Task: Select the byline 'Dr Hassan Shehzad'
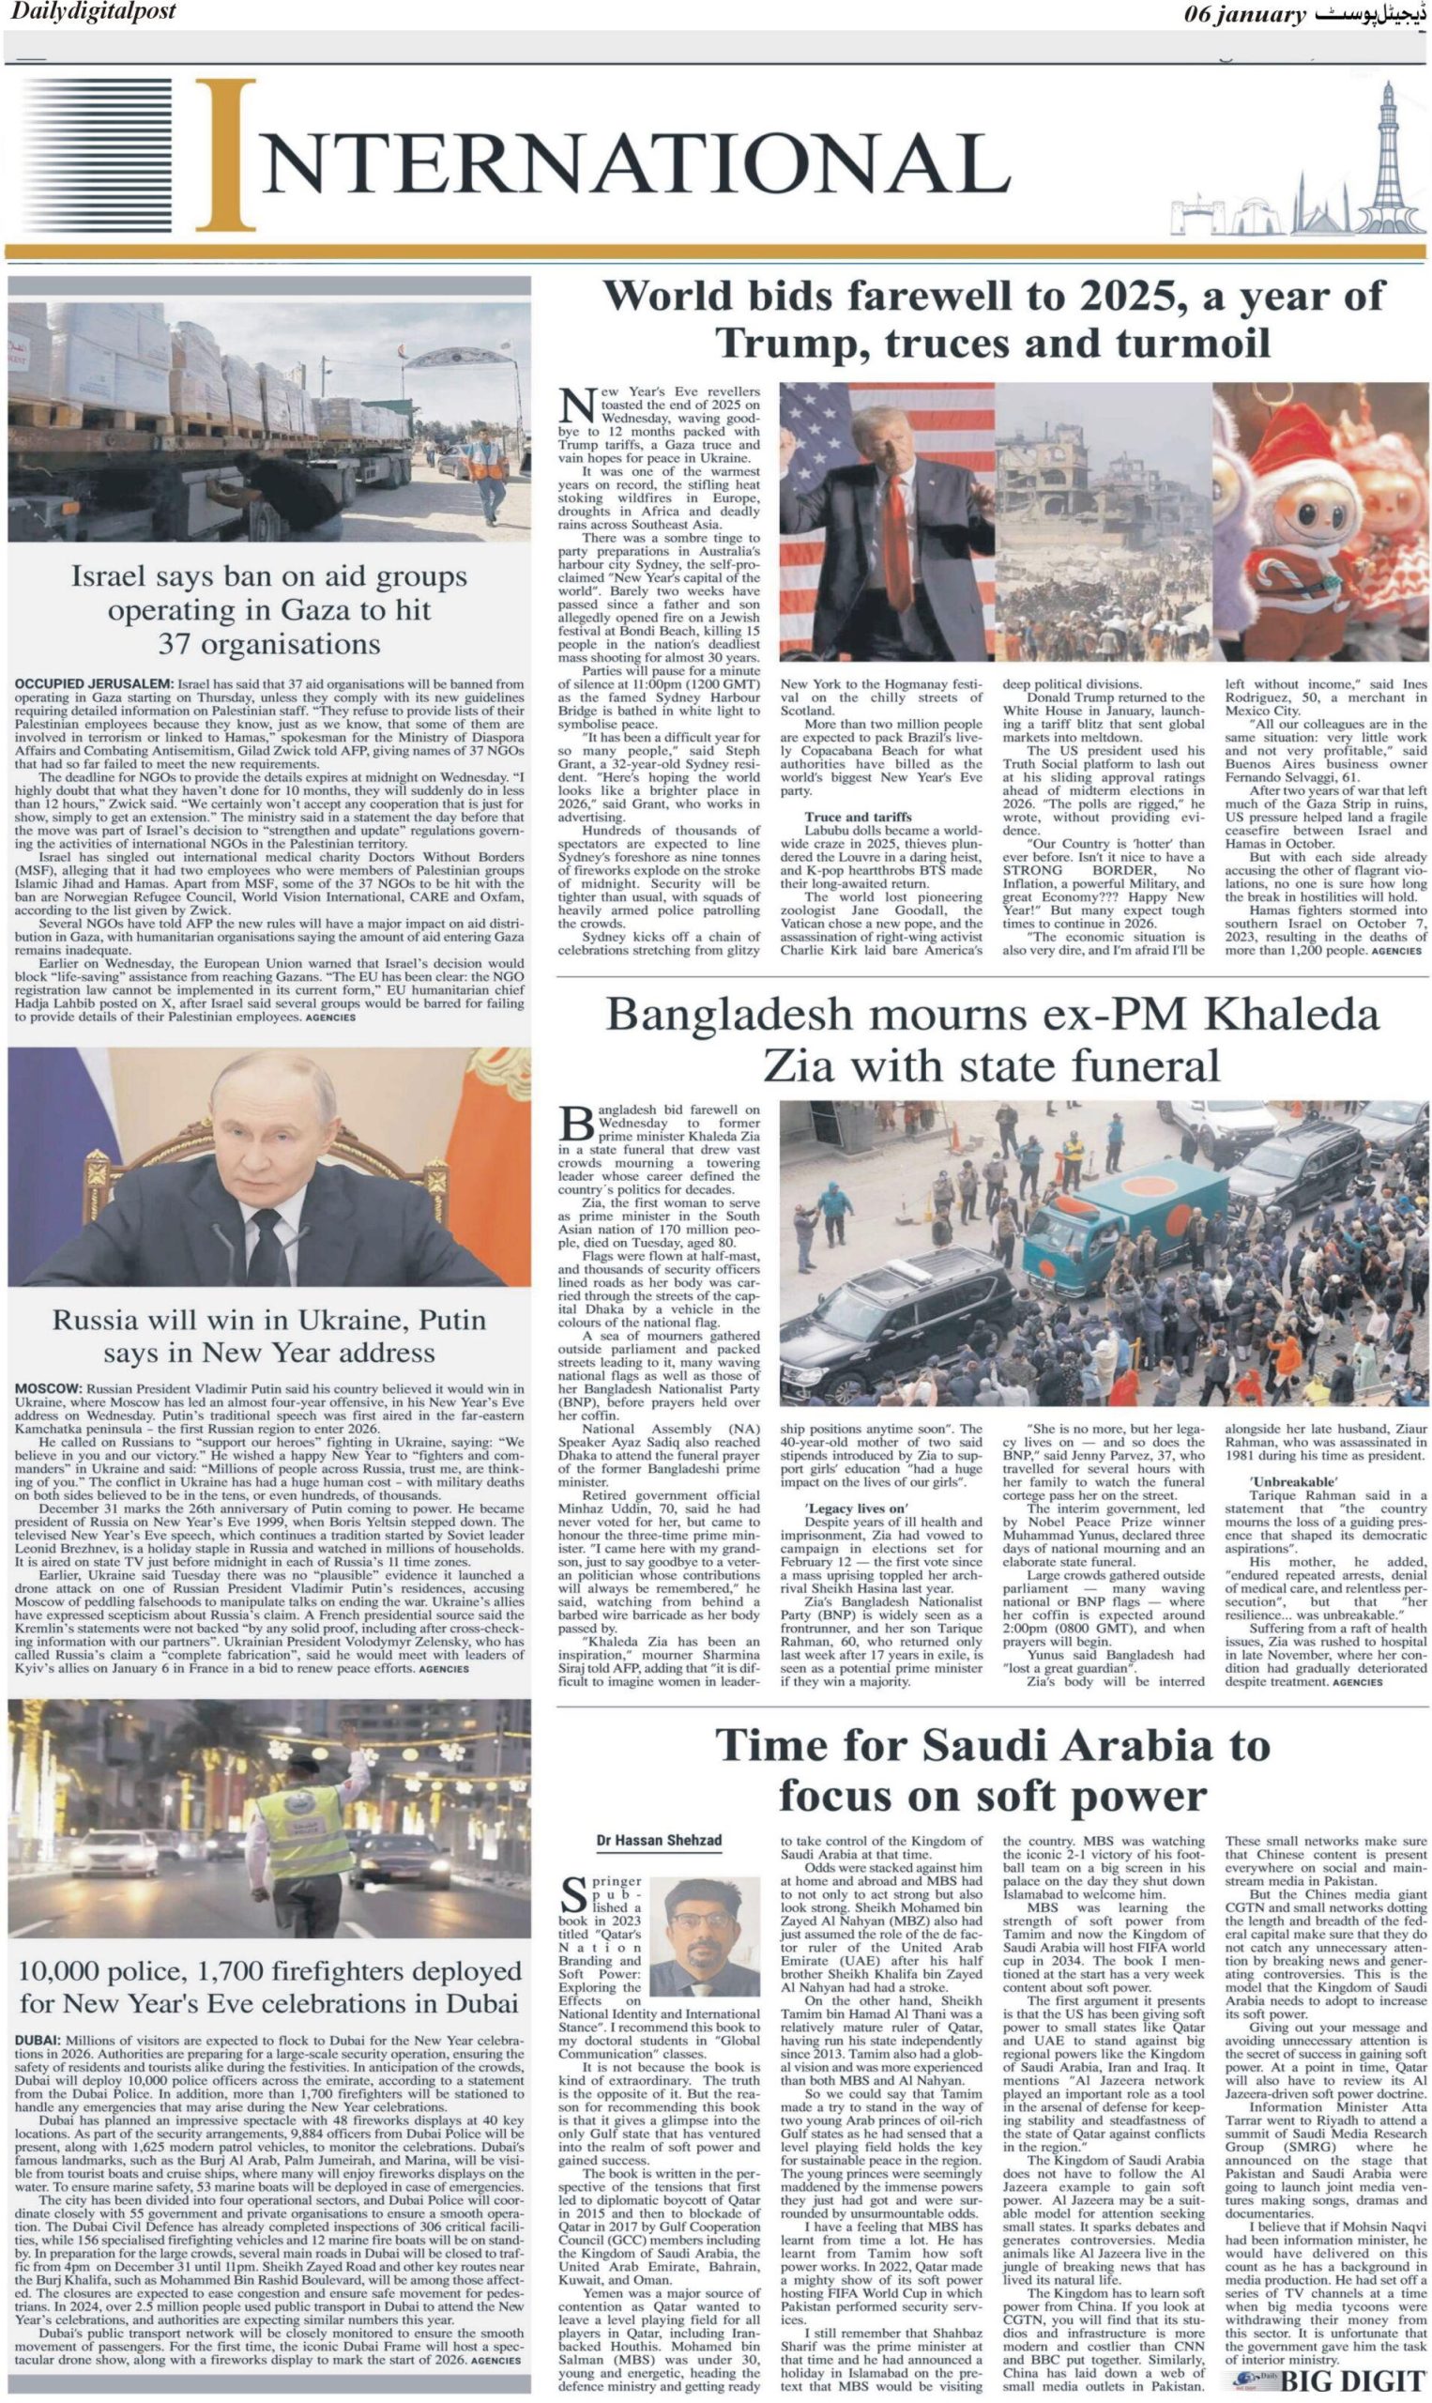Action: click(x=659, y=1840)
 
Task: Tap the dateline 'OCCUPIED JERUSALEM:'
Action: click(x=94, y=684)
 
